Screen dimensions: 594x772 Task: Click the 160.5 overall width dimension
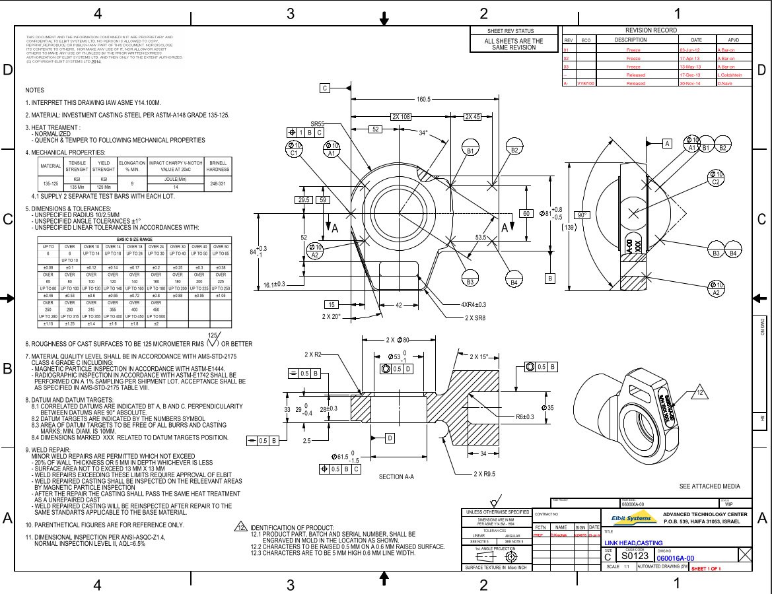423,99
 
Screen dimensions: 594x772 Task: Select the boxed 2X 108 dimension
402,117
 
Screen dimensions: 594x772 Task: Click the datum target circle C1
295,149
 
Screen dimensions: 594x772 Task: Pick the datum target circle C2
715,178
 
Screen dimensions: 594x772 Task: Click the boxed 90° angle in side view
582,215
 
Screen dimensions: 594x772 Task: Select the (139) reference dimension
569,227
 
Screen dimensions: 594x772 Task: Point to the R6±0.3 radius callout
529,417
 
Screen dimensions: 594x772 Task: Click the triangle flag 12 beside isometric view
700,394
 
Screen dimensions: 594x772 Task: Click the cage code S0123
635,557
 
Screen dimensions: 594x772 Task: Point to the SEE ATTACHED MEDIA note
710,486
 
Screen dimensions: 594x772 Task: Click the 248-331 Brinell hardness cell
217,183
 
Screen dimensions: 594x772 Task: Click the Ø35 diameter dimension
547,408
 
